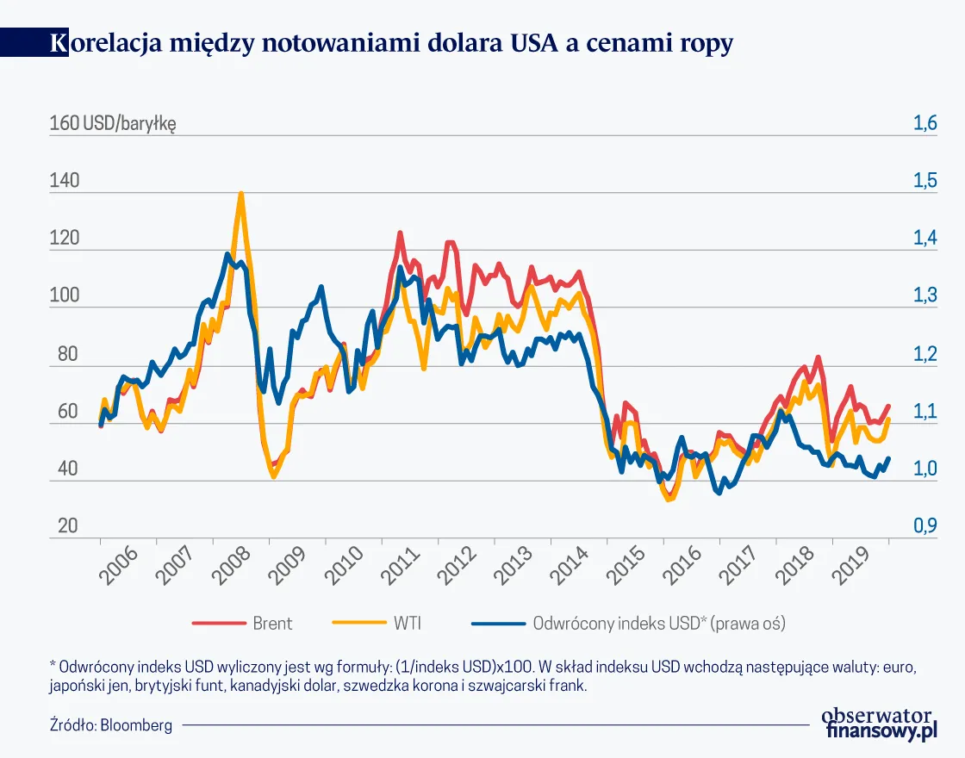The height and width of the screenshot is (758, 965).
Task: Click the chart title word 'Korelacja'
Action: [x=113, y=44]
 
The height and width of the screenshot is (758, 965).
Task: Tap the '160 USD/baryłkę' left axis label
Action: [x=113, y=124]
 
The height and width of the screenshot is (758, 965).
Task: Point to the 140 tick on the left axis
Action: [x=65, y=182]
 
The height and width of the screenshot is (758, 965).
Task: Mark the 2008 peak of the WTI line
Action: [x=240, y=194]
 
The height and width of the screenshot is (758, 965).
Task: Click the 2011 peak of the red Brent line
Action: [x=400, y=233]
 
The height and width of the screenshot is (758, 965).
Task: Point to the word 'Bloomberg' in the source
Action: [x=136, y=725]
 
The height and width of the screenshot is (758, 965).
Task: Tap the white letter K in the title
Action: [x=59, y=44]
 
